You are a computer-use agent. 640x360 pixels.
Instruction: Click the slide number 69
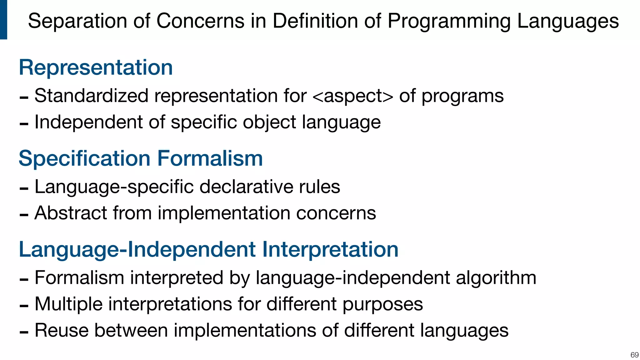(634, 355)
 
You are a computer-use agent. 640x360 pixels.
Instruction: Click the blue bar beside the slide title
(3, 19)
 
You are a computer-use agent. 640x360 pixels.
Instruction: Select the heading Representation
(96, 67)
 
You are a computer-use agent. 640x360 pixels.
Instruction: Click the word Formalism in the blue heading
(210, 158)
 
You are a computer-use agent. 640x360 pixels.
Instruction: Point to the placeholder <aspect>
(352, 96)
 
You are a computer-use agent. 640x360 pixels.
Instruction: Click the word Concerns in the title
(200, 21)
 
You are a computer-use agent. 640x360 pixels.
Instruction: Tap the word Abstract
(71, 213)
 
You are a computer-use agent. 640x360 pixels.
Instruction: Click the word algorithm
(496, 278)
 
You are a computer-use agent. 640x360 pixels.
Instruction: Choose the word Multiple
(68, 304)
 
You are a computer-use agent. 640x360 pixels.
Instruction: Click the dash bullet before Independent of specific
(24, 124)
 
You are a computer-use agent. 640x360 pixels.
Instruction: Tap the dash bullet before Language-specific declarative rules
(24, 189)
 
